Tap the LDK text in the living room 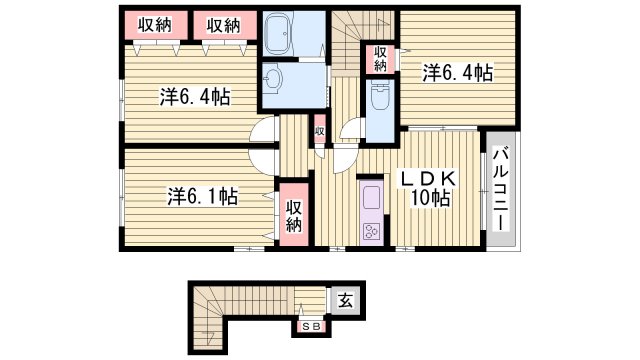pyautogui.click(x=429, y=177)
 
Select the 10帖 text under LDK pyautogui.click(x=429, y=197)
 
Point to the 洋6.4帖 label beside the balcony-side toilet pyautogui.click(x=457, y=72)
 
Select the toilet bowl pyautogui.click(x=380, y=98)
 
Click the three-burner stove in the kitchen pyautogui.click(x=371, y=231)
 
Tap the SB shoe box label pyautogui.click(x=309, y=325)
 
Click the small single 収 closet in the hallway pyautogui.click(x=319, y=131)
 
